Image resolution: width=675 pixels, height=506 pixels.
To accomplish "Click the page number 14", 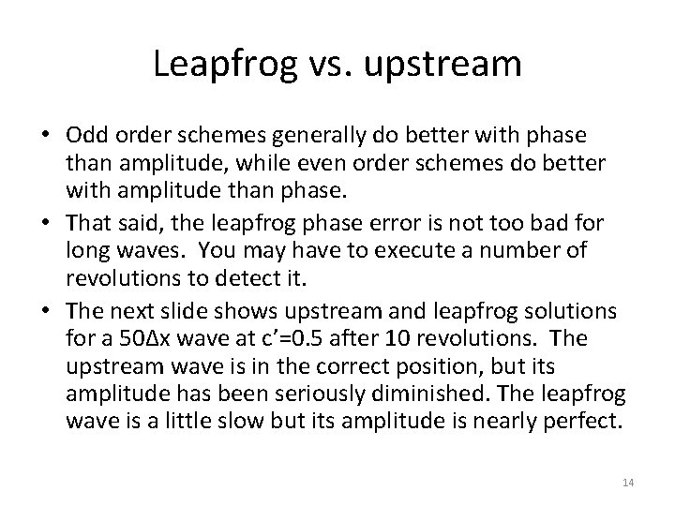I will [x=628, y=482].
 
